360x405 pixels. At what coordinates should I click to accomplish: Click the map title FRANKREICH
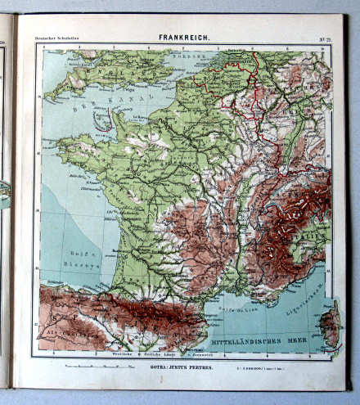tap(183, 38)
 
